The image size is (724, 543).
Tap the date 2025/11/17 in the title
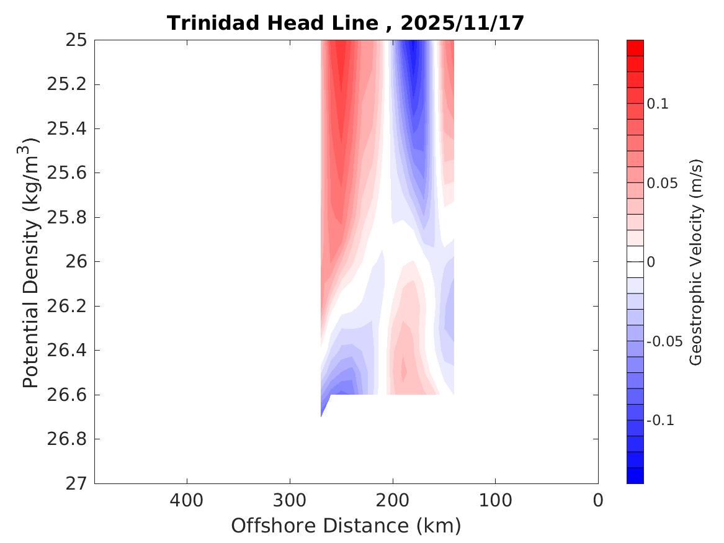click(x=462, y=24)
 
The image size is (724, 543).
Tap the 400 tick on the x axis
click(x=187, y=500)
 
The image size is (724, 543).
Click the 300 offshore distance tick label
click(x=290, y=500)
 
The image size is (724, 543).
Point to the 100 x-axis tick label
click(x=495, y=500)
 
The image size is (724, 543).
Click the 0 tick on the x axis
click(x=598, y=500)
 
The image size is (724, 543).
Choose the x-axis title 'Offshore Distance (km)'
click(x=346, y=526)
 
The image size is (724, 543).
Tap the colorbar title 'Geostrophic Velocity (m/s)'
click(x=696, y=262)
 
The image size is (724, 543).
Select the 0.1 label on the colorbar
click(x=658, y=104)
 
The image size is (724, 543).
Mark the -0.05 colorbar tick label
click(x=665, y=341)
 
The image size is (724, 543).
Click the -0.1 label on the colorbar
click(x=661, y=421)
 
